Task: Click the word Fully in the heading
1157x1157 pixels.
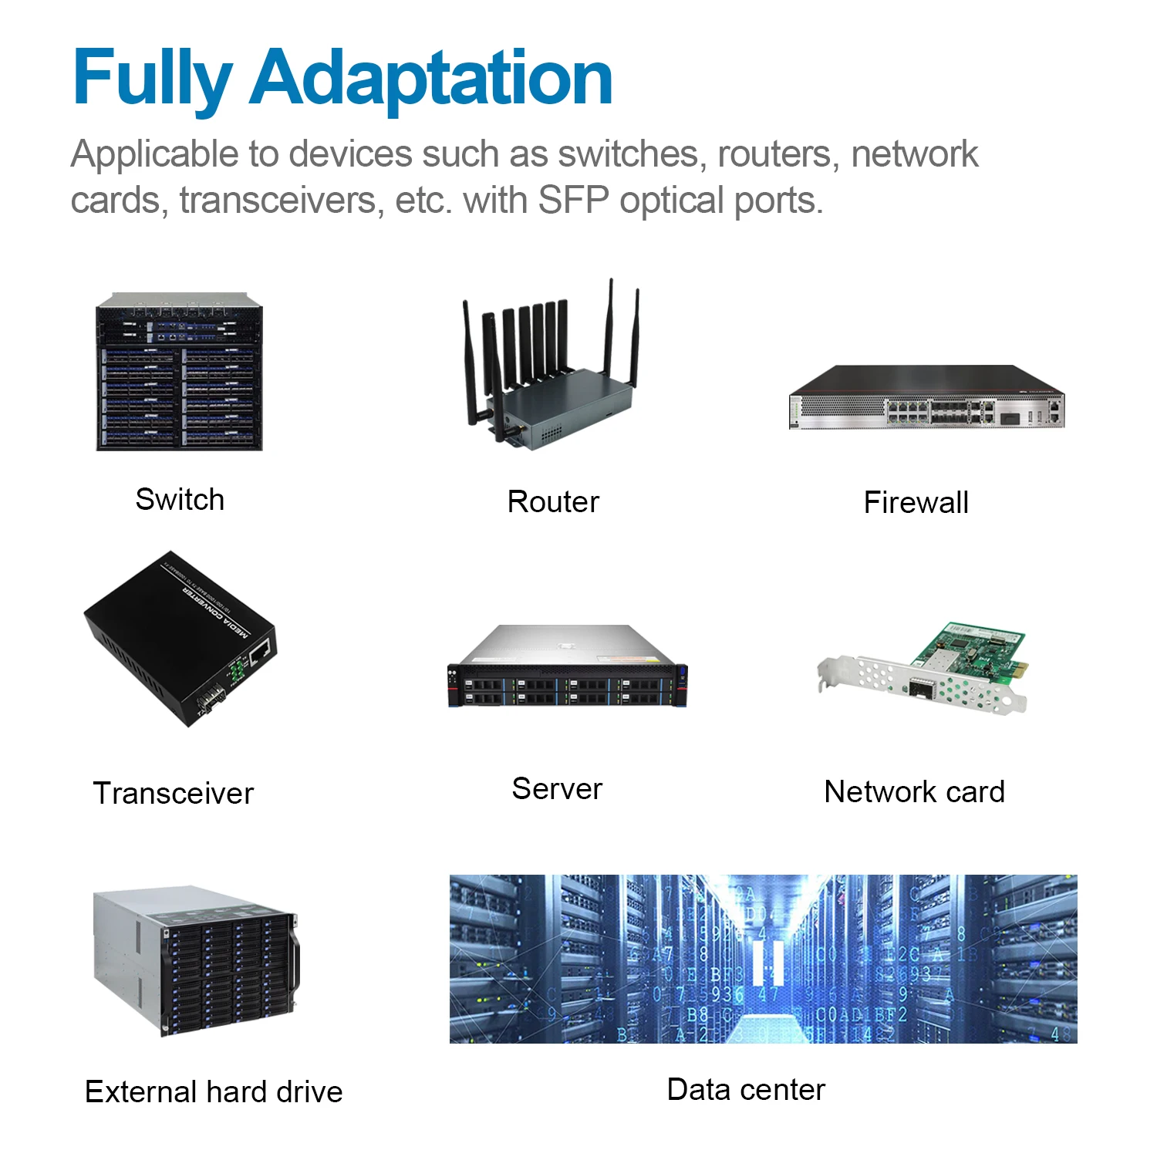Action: pos(152,79)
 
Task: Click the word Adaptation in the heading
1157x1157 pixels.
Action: pos(431,79)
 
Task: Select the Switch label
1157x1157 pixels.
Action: pos(180,500)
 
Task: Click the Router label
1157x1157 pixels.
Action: pos(553,502)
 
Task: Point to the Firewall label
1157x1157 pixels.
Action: pos(916,503)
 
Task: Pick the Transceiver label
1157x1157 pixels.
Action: pos(174,794)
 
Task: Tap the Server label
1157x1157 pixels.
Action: pos(557,789)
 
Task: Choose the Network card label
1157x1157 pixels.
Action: pos(914,792)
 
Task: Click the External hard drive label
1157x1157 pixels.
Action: pos(214,1092)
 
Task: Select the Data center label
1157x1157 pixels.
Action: pos(746,1090)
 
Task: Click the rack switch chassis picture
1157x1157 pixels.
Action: pos(179,373)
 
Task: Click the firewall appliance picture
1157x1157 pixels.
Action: pos(926,397)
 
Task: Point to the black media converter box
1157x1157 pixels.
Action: pos(178,639)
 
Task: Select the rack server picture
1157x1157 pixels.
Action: pos(567,667)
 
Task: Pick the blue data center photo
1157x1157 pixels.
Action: pos(763,959)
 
